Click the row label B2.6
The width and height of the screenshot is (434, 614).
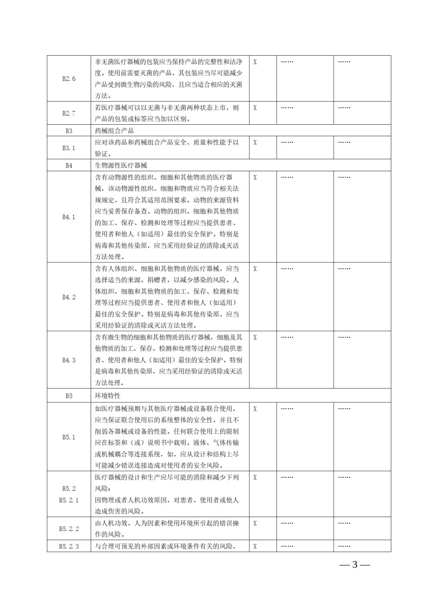point(69,79)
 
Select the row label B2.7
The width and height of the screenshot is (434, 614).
point(69,113)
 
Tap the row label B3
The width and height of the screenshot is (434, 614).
point(69,130)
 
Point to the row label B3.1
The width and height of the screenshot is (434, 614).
point(69,148)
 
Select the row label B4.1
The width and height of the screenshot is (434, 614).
point(69,217)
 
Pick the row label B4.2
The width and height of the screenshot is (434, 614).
point(69,297)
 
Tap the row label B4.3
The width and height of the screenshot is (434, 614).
point(69,360)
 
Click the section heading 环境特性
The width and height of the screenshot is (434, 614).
point(108,396)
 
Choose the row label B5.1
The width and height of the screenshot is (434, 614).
point(69,437)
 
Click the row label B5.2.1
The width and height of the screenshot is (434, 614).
point(69,500)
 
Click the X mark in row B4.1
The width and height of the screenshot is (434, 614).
point(255,177)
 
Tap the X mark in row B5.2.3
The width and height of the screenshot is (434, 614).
point(255,545)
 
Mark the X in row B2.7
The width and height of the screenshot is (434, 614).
point(255,108)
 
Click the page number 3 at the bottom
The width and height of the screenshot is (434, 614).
point(355,565)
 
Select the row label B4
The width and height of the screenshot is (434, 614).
point(69,165)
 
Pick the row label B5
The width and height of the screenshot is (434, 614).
point(69,396)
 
